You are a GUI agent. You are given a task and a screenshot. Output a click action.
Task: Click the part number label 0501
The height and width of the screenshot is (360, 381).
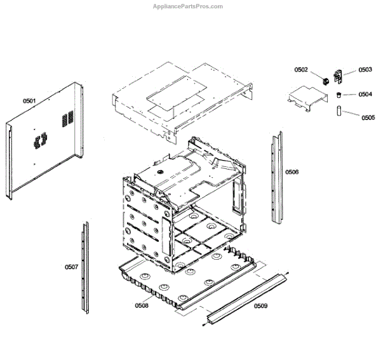(29, 100)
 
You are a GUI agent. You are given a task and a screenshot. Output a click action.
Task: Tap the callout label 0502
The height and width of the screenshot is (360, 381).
(301, 70)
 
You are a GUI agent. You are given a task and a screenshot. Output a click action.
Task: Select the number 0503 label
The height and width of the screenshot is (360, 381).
(365, 70)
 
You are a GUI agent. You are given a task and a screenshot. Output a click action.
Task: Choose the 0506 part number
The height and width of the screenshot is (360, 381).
(291, 172)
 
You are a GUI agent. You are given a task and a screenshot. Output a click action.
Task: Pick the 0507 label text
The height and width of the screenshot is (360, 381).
(71, 267)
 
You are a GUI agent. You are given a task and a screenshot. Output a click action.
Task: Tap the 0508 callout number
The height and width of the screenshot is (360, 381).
(142, 305)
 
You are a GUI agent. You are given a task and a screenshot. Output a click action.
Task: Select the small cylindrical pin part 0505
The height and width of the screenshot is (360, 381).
(340, 111)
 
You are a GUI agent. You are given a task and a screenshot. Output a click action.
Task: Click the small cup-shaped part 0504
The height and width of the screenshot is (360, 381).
(340, 95)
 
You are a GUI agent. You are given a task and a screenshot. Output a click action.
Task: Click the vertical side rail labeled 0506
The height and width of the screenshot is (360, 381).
(276, 178)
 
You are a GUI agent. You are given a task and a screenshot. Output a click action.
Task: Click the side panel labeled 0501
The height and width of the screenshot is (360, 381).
(44, 143)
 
